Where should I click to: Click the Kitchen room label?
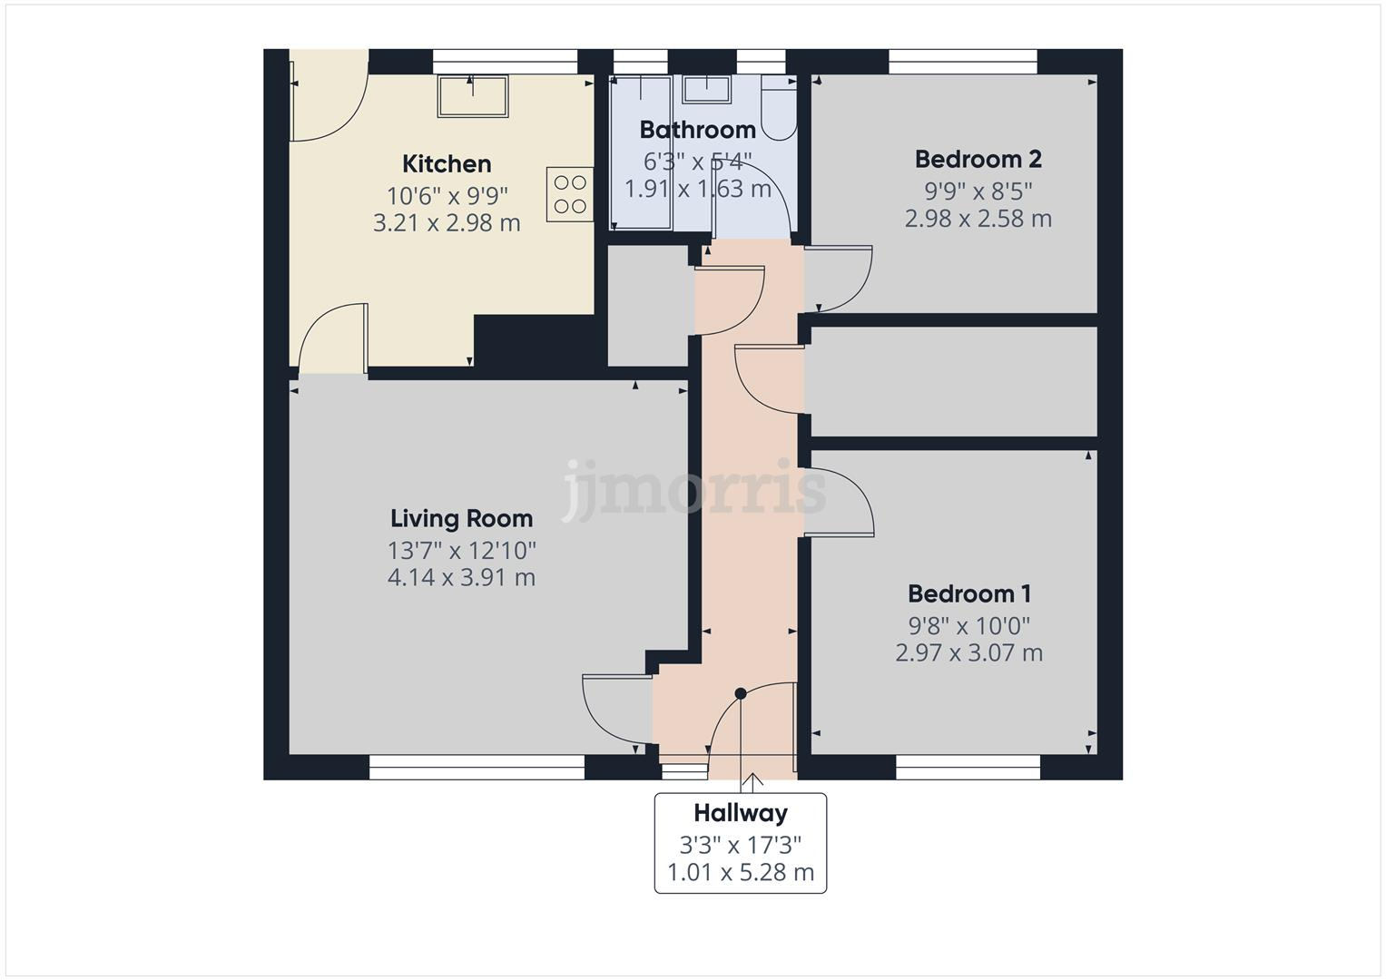(447, 164)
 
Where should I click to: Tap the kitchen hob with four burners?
(569, 194)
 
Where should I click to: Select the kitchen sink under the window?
(472, 96)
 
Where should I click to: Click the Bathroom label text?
(697, 130)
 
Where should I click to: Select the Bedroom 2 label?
(978, 160)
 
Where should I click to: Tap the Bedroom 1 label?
(968, 594)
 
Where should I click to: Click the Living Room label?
(461, 519)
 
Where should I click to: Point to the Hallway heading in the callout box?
(741, 813)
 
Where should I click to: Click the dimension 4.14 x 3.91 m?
(461, 577)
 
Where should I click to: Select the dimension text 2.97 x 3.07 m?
(968, 652)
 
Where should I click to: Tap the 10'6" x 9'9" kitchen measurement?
(447, 195)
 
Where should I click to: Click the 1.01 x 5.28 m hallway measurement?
(741, 873)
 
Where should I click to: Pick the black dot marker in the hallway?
(741, 693)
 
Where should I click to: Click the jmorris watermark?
(693, 490)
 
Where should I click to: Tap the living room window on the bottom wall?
(477, 768)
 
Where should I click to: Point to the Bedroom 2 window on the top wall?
(962, 61)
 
